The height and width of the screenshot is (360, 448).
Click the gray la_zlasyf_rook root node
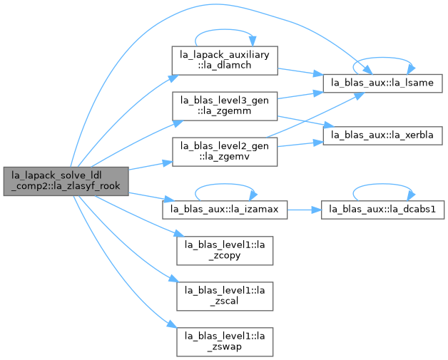point(66,181)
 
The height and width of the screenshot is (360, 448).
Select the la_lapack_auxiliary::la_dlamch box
point(225,61)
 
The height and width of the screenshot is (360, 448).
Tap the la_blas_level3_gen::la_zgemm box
point(225,106)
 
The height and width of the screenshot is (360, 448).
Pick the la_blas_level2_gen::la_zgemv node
point(225,152)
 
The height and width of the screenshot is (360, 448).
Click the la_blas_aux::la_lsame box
point(382,83)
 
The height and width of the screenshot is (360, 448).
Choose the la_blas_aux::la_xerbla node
point(382,135)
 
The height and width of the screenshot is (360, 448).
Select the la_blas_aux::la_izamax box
point(225,210)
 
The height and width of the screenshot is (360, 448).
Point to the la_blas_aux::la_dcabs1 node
point(382,210)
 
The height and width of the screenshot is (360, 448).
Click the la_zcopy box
point(225,250)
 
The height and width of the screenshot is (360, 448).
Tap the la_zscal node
point(225,296)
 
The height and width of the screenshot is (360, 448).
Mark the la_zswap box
point(225,341)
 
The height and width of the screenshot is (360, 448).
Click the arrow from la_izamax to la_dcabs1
point(304,210)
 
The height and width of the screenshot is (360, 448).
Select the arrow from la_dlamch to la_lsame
point(300,72)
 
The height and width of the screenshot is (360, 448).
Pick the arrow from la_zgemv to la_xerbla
point(300,144)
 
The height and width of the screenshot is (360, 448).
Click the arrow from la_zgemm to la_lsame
point(300,96)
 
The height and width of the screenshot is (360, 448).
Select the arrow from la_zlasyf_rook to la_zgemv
point(151,166)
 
